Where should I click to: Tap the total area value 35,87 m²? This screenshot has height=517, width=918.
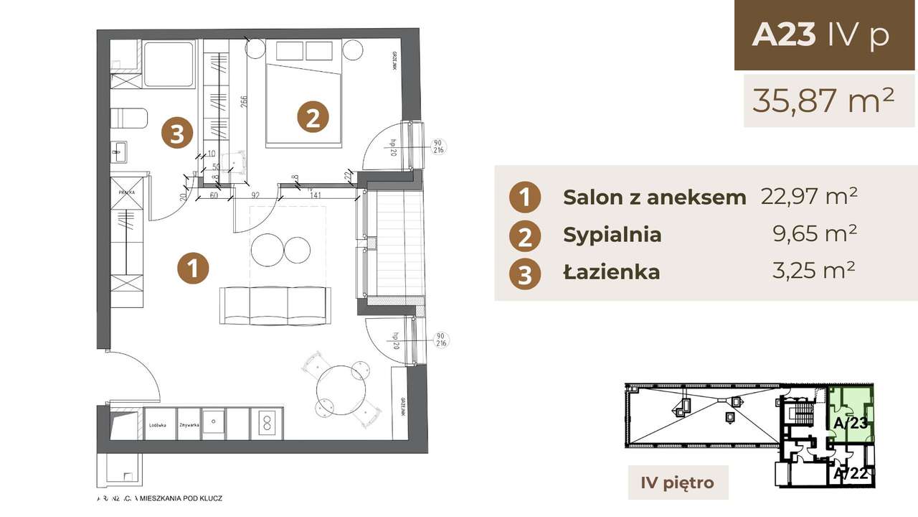tap(823, 101)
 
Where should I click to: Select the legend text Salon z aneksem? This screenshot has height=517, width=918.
tap(654, 197)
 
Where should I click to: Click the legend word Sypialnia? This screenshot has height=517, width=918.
tap(612, 235)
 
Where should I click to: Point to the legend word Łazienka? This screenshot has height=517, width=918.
tap(611, 272)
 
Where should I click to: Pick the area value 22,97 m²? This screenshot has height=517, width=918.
tap(809, 196)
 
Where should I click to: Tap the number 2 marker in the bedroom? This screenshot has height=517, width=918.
tap(313, 117)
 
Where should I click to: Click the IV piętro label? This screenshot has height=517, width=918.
tap(677, 483)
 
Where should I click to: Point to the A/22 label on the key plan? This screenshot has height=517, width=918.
tap(851, 475)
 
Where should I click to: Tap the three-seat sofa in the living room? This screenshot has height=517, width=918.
tap(275, 304)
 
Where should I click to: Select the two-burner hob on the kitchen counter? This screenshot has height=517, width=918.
tap(266, 422)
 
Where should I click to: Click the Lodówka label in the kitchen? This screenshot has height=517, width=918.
tap(158, 424)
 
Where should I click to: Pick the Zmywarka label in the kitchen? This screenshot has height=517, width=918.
tap(189, 424)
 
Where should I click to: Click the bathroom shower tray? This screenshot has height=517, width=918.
tap(169, 64)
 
